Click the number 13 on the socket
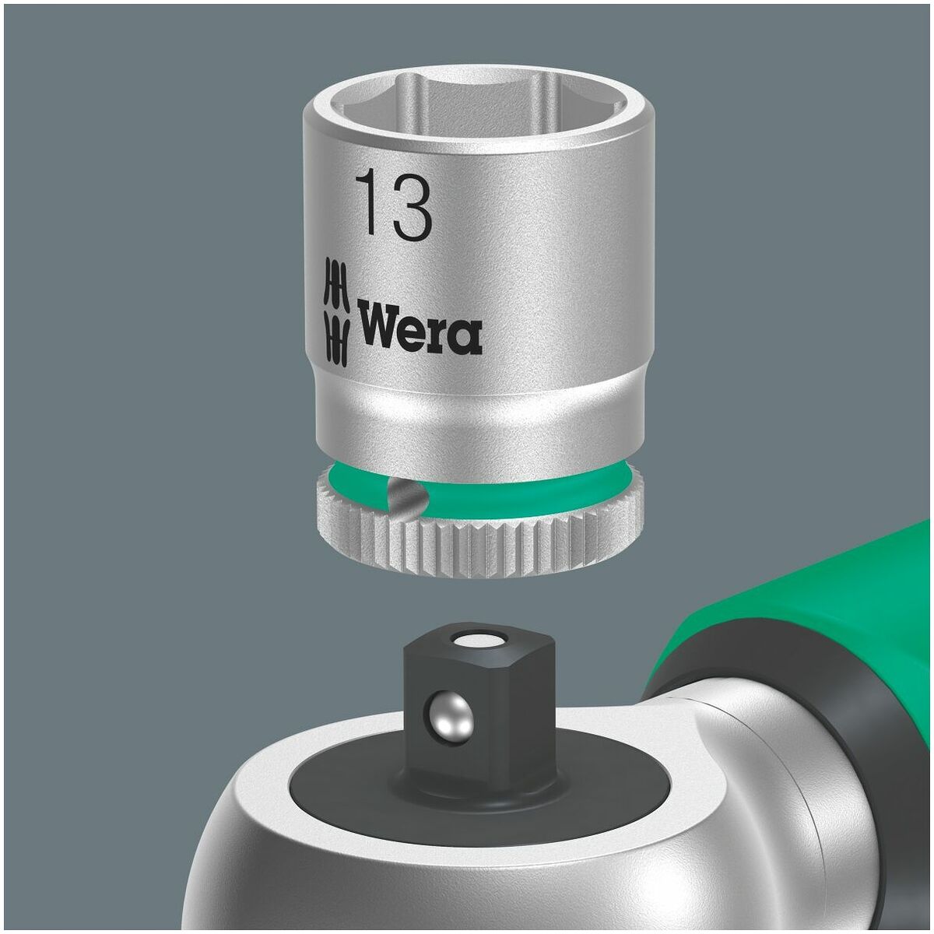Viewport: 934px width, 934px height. (394, 206)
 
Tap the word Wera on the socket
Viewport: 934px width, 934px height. (419, 330)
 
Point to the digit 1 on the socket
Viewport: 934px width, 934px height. (368, 206)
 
